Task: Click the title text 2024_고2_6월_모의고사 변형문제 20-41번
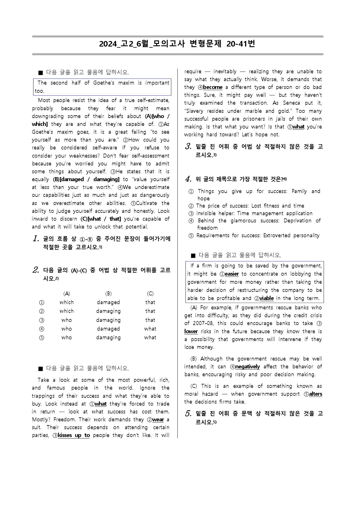(x=177, y=44)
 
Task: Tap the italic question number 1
(x=36, y=239)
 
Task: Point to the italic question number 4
(x=188, y=179)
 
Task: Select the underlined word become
(x=213, y=87)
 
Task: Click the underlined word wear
(x=158, y=420)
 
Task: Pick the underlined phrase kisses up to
(x=74, y=435)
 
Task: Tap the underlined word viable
(x=266, y=298)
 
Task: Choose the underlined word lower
(x=191, y=331)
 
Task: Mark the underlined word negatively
(x=247, y=367)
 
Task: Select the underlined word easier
(x=232, y=274)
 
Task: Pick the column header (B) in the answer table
(x=108, y=294)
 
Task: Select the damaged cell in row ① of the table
(x=108, y=302)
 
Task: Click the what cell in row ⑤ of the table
(x=150, y=338)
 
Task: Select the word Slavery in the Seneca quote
(x=195, y=111)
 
